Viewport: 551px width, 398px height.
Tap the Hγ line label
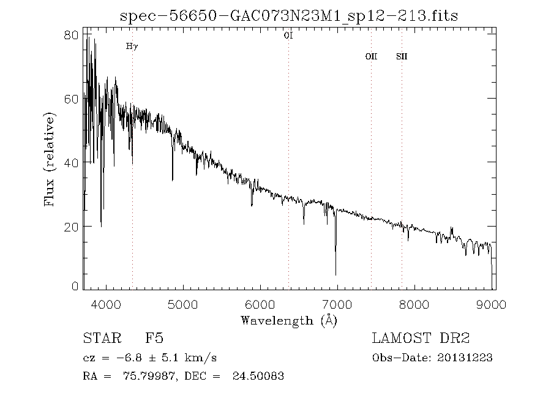132,46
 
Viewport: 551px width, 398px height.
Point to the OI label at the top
288,36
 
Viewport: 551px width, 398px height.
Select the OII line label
371,56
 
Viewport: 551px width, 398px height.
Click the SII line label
402,56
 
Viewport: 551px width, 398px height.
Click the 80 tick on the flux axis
72,35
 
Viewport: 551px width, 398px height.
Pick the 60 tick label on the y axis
72,99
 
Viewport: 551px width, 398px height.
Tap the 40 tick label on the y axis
72,162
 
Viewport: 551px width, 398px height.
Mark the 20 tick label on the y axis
72,227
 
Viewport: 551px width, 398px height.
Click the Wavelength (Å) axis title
289,320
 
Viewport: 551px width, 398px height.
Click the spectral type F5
154,338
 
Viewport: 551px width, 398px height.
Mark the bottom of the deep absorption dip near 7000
335,274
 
